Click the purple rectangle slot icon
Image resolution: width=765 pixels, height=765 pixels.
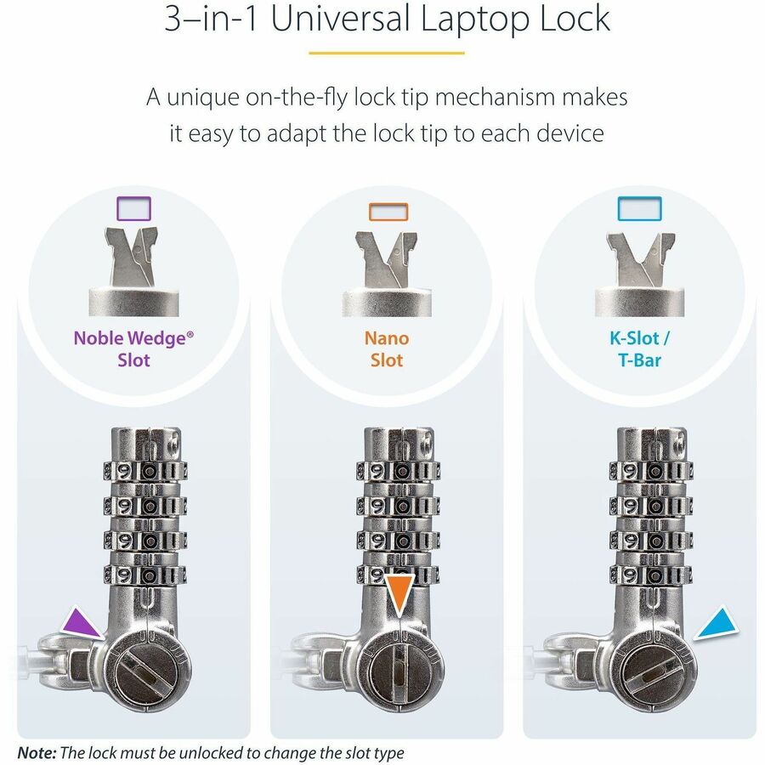pos(133,210)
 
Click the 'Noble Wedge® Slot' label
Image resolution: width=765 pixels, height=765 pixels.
pos(133,348)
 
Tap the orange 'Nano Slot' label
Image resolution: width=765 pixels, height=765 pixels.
pos(387,348)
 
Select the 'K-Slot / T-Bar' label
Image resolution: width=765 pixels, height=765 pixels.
pos(640,348)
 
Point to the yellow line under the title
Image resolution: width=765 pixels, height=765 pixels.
pos(386,54)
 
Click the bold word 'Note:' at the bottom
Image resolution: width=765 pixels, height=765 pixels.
pos(37,752)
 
